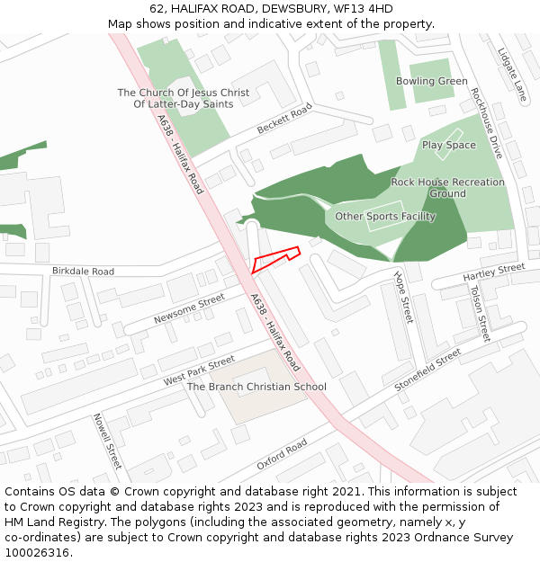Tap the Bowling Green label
coord(431,81)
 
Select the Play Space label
coord(448,145)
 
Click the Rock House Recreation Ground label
coord(447,188)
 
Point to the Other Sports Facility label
coord(385,217)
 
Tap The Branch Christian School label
coord(256,387)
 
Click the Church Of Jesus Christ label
coord(184,98)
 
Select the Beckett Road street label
coord(284,119)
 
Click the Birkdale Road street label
coord(83,271)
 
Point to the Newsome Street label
coord(188,308)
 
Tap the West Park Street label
coord(198,370)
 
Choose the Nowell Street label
coord(106,441)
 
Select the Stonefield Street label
coord(427,370)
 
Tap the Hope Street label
coord(402,298)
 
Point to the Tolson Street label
coord(479,313)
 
